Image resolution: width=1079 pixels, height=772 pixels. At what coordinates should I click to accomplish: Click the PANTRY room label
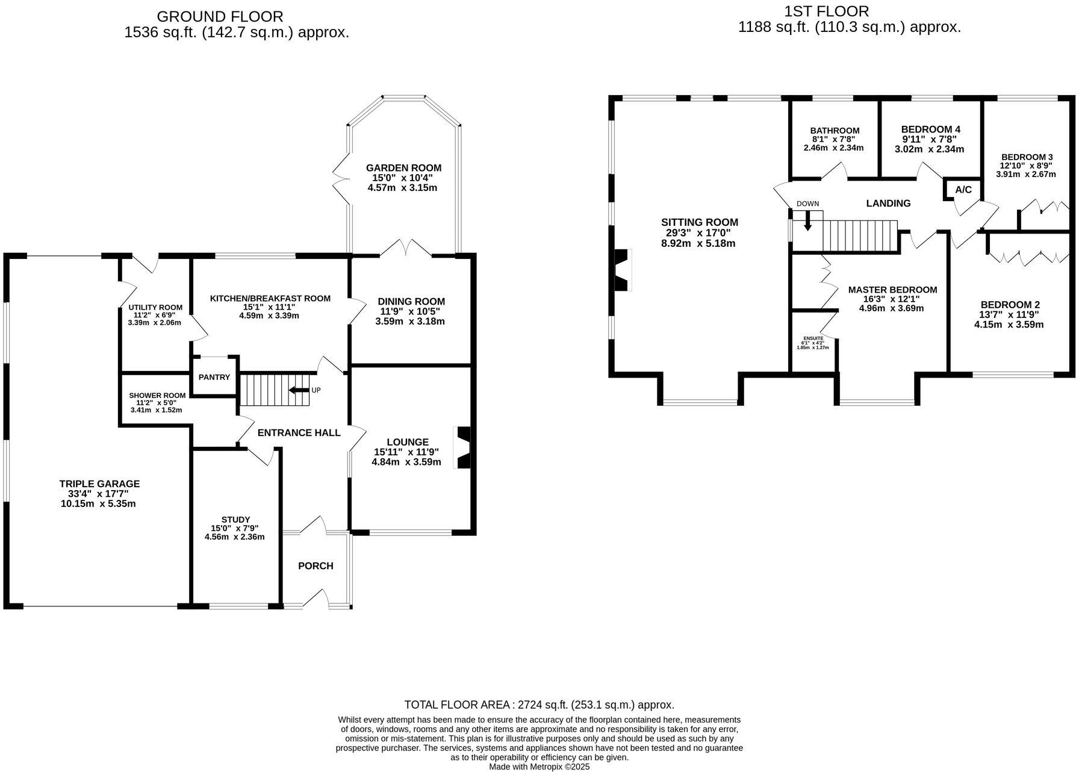(x=214, y=378)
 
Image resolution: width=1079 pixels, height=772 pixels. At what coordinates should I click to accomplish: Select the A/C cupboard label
(x=963, y=190)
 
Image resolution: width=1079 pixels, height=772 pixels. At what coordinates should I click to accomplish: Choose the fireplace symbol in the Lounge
(x=464, y=447)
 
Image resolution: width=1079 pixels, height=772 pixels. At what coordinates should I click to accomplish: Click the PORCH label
(x=316, y=566)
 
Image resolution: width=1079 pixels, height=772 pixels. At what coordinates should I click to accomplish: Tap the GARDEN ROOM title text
(x=403, y=168)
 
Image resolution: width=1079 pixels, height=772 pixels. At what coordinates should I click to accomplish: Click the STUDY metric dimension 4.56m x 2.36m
(x=235, y=537)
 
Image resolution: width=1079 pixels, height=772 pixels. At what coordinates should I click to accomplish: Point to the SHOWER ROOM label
(x=157, y=396)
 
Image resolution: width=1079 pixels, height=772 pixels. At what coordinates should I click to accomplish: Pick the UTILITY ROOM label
(x=155, y=308)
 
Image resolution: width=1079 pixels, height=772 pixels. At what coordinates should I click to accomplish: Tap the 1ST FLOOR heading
(x=827, y=11)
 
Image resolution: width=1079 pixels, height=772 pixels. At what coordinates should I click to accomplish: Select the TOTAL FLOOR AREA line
(x=539, y=705)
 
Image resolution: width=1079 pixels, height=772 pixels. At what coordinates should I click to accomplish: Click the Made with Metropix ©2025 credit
(x=539, y=767)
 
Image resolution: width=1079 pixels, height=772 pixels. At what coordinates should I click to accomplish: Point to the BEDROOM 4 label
(x=930, y=129)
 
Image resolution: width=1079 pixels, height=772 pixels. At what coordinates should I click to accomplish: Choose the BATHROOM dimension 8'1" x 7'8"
(x=834, y=139)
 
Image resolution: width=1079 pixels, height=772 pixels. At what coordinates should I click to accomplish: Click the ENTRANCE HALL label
(x=299, y=432)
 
